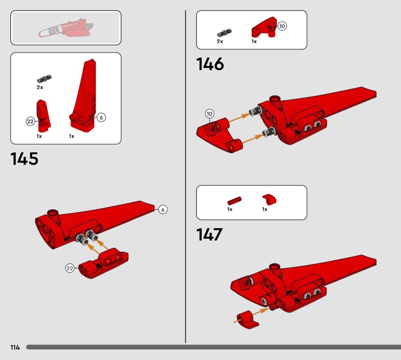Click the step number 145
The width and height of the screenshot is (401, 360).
24,158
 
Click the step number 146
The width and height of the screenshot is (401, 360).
210,64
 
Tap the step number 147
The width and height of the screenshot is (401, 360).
209,234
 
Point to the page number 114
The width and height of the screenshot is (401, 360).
15,347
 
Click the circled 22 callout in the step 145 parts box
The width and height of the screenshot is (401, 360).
31,121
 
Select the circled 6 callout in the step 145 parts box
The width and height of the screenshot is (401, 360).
101,117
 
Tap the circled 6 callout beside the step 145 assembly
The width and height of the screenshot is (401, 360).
163,210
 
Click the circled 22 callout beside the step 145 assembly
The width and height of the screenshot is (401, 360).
70,268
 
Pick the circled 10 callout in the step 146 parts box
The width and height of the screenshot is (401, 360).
282,26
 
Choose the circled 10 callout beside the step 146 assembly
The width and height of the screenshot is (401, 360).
210,114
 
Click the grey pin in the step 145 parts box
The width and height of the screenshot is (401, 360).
44,79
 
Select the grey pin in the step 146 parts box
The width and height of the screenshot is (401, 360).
224,33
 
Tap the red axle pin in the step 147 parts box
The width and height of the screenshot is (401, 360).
234,201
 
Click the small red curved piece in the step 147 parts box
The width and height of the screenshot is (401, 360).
269,200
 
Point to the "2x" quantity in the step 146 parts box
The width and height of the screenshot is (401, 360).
220,41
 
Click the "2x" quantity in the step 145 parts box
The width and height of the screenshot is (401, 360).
40,87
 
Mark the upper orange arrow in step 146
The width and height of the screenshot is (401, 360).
239,118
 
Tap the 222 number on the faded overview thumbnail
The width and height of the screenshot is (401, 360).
54,30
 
